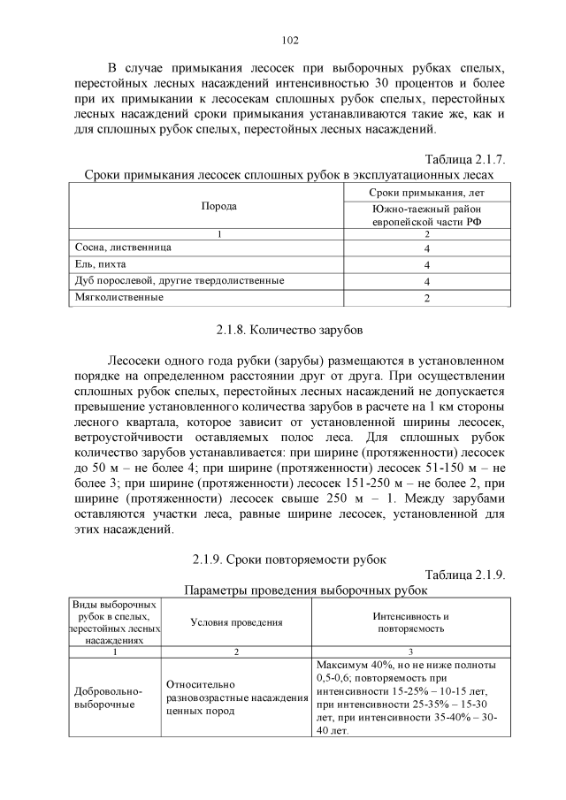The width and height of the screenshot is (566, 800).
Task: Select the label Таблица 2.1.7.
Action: pyautogui.click(x=464, y=159)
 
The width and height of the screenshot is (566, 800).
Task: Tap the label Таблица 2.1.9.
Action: pyautogui.click(x=464, y=575)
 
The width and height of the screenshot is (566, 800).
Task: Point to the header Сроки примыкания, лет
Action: pyautogui.click(x=427, y=192)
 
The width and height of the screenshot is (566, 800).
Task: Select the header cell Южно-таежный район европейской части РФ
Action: pyautogui.click(x=427, y=215)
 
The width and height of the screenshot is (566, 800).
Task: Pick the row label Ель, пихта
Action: pyautogui.click(x=98, y=263)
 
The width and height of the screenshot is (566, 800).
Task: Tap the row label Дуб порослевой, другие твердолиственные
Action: pyautogui.click(x=177, y=280)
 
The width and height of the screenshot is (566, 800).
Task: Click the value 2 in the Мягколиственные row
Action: pyautogui.click(x=427, y=298)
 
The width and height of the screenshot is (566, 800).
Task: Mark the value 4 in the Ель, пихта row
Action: pyautogui.click(x=427, y=264)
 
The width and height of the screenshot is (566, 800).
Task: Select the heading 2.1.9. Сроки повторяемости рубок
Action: pyautogui.click(x=289, y=559)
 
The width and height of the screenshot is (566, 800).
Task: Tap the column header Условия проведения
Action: pyautogui.click(x=236, y=622)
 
